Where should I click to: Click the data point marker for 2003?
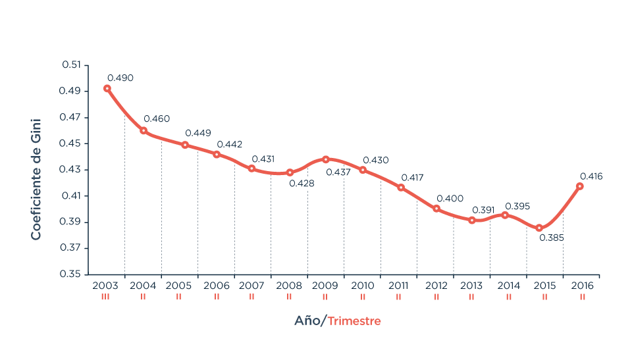(107, 88)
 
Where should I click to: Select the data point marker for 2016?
(580, 186)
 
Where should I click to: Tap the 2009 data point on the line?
(326, 159)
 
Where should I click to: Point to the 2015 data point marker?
(539, 228)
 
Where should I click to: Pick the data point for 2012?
(436, 209)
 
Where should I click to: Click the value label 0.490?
(120, 78)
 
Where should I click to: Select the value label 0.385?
(551, 238)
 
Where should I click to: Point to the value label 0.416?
(591, 176)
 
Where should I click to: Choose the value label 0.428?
(302, 184)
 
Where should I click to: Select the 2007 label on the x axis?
(251, 286)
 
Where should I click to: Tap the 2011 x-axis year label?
(398, 286)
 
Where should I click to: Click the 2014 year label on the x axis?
(509, 286)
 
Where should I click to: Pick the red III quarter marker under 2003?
(105, 297)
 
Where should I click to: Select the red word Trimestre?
(354, 321)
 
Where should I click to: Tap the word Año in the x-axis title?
(307, 321)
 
